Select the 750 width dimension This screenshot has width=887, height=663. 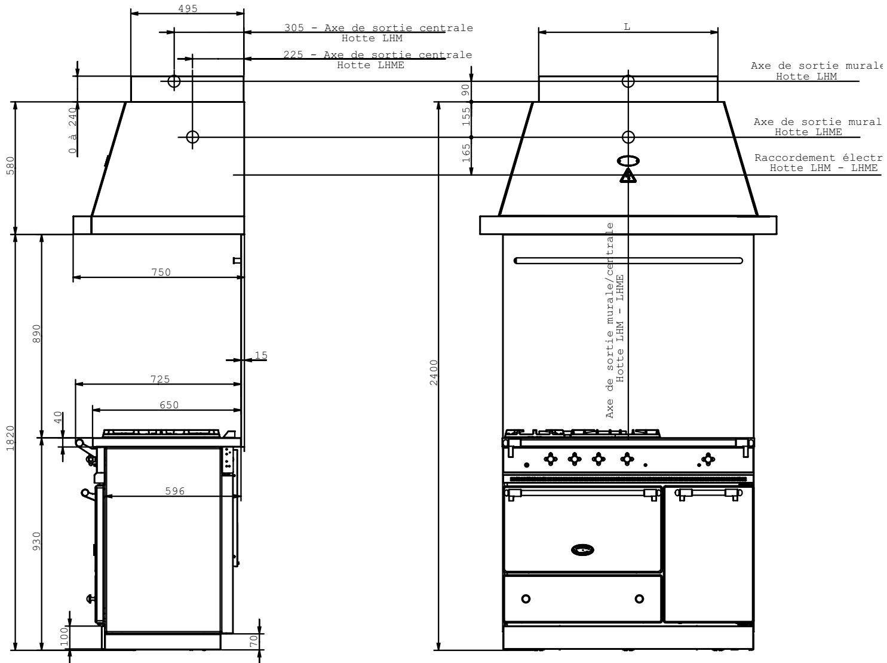point(160,272)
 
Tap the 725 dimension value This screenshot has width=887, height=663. point(160,378)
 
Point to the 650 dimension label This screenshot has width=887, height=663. point(168,404)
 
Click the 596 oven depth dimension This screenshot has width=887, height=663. point(174,491)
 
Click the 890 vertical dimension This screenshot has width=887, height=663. point(36,334)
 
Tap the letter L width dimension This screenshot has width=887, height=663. point(627,27)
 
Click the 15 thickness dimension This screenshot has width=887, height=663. point(260,356)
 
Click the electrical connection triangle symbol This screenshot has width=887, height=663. point(628,176)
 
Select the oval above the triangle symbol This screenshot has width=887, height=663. point(628,161)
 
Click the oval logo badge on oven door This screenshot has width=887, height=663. point(583,549)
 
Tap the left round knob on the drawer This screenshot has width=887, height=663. point(526,598)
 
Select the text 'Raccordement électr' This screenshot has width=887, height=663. point(818,158)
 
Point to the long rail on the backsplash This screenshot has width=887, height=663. point(628,261)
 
